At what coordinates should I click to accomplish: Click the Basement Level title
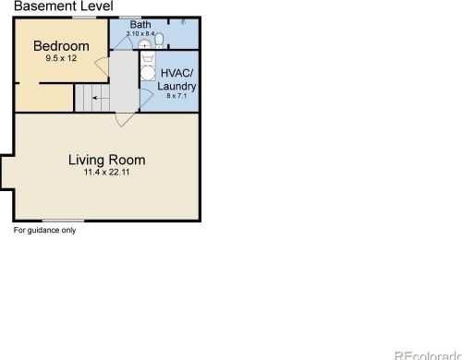pos(64,6)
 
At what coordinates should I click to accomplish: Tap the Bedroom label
pos(61,46)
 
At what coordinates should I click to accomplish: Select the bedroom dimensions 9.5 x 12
pos(61,58)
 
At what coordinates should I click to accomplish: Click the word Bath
pos(140,25)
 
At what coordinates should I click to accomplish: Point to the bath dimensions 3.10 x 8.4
pos(140,33)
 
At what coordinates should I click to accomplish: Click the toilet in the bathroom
pos(159,41)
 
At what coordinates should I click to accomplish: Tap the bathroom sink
pos(144,45)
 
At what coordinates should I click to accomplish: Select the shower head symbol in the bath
pos(183,21)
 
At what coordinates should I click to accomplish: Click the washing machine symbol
pos(148,58)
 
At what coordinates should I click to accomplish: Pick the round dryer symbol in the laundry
pos(148,73)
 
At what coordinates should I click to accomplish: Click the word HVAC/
pos(177,73)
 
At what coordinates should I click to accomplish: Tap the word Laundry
pos(176,86)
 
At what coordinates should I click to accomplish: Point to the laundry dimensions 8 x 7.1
pos(176,96)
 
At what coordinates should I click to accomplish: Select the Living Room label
pos(107,160)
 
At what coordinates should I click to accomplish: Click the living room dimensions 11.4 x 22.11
pos(106,172)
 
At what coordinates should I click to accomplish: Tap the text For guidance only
pos(44,230)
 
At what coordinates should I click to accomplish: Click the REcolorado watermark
pos(428,355)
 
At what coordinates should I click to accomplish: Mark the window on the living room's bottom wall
pos(63,221)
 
